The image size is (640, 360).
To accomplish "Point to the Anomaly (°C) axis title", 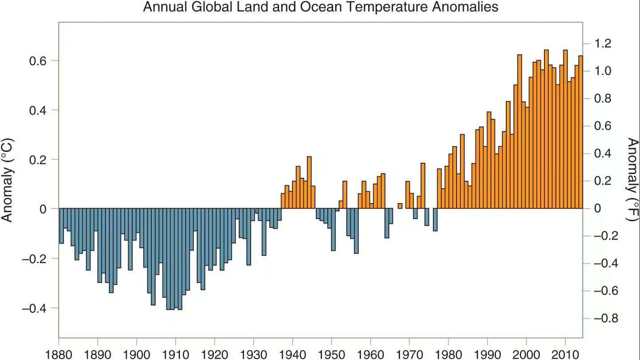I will (8, 180).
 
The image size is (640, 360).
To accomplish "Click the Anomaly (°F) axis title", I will (632, 180).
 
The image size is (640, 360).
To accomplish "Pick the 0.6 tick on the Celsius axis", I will (38, 60).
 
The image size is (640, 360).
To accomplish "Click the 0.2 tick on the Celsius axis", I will (38, 160).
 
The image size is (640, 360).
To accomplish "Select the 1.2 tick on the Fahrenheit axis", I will (604, 44).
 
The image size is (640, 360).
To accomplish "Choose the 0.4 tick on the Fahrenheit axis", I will (604, 154).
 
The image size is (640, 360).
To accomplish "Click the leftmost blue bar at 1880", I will (61, 226).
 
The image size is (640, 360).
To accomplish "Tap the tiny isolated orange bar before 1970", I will (400, 206).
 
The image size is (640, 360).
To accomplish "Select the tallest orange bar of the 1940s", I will (309, 183).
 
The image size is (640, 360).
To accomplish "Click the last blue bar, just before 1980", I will (435, 220).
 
